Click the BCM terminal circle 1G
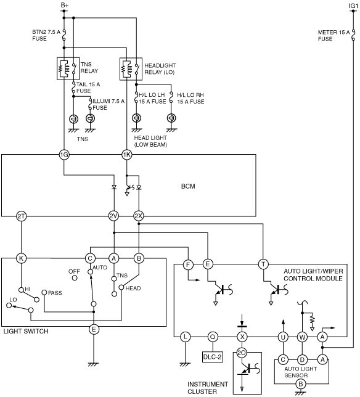(x=64, y=155)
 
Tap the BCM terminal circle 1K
(x=127, y=155)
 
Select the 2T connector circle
(x=21, y=216)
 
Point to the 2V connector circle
(x=113, y=216)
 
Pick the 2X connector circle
(x=139, y=216)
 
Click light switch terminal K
(x=21, y=258)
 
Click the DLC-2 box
(x=213, y=357)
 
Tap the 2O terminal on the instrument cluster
(x=242, y=353)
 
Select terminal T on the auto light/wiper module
(x=263, y=264)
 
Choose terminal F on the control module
(x=188, y=265)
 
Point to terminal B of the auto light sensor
(x=301, y=384)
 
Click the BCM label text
(x=188, y=186)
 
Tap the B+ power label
(x=65, y=6)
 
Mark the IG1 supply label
(x=353, y=6)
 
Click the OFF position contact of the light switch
(x=75, y=278)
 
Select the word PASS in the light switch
(x=55, y=293)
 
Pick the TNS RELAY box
(x=68, y=68)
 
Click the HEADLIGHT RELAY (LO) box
(x=131, y=69)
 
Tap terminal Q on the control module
(x=213, y=337)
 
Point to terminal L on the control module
(x=186, y=337)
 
